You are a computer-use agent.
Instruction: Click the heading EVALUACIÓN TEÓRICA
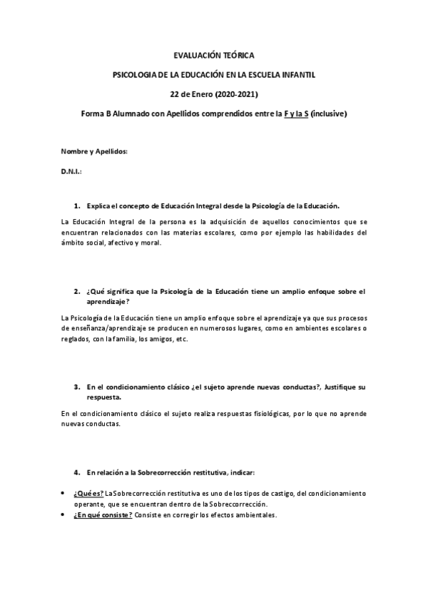[214, 54]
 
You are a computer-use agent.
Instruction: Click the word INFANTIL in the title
[297, 74]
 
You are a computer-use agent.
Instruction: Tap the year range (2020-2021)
[233, 93]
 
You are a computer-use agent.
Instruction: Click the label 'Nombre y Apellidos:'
[94, 152]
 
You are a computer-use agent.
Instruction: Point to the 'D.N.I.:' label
[71, 172]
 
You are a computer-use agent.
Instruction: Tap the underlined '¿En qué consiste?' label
[103, 515]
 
